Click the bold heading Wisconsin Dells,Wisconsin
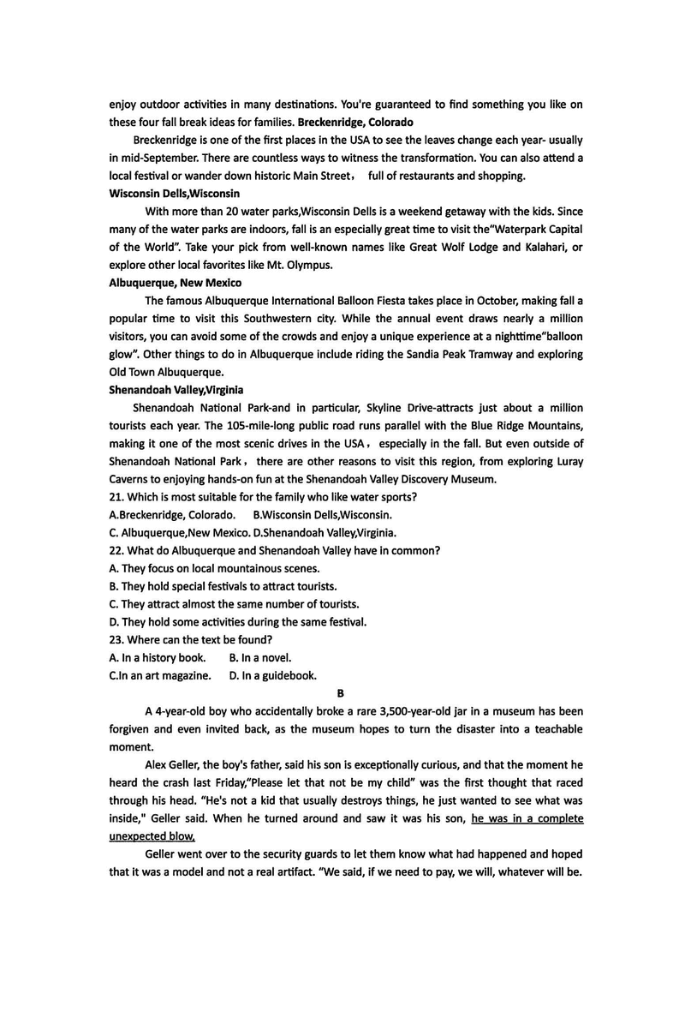click(175, 194)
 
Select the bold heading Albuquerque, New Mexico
click(176, 283)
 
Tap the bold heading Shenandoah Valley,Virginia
click(176, 389)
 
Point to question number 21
click(117, 497)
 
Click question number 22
click(117, 550)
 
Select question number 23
click(117, 639)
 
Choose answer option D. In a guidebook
click(273, 675)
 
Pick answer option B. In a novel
click(260, 657)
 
